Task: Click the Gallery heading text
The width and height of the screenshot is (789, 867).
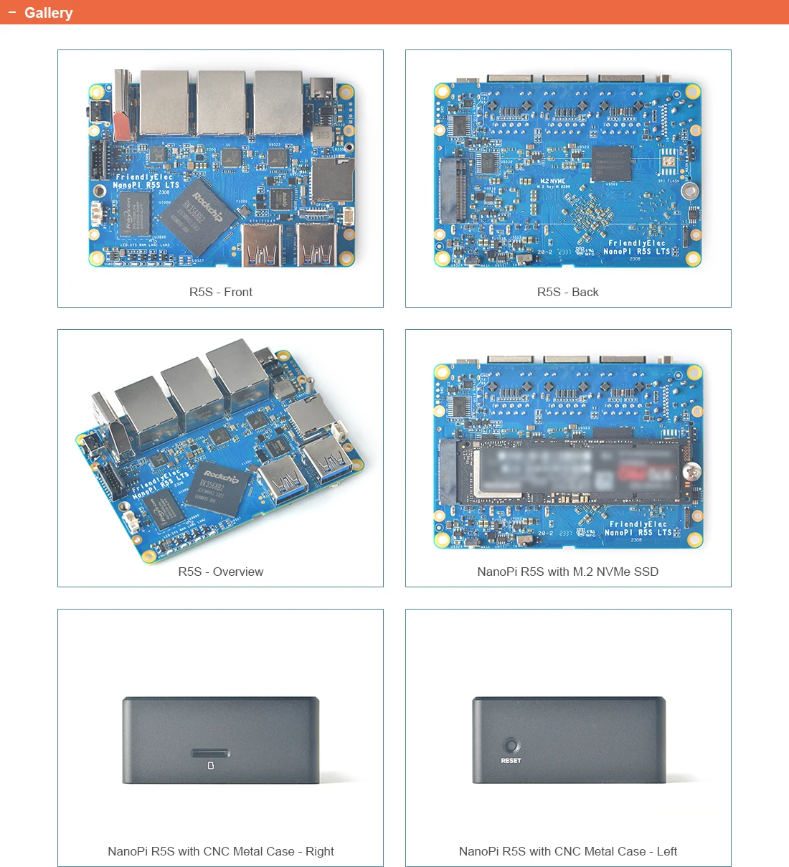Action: [x=48, y=13]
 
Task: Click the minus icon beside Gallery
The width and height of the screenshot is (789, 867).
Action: [x=11, y=12]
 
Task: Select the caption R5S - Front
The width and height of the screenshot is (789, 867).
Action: [x=220, y=292]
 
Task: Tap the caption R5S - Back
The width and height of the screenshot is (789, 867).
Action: [x=567, y=292]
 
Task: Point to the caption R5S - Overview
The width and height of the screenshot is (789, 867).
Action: [x=220, y=572]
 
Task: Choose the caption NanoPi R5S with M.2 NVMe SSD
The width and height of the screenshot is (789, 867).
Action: [x=567, y=572]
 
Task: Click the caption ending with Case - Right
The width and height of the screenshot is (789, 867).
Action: [x=220, y=851]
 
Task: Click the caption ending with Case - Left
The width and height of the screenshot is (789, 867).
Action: [x=567, y=851]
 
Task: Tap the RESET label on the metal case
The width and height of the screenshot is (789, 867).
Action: [x=511, y=760]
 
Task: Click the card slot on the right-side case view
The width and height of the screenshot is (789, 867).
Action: [x=210, y=753]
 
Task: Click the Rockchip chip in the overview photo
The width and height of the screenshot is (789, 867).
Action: [x=217, y=487]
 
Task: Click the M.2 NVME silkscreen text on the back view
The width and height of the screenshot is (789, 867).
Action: [x=552, y=181]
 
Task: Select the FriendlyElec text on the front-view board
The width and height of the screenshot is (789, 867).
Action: [x=144, y=176]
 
